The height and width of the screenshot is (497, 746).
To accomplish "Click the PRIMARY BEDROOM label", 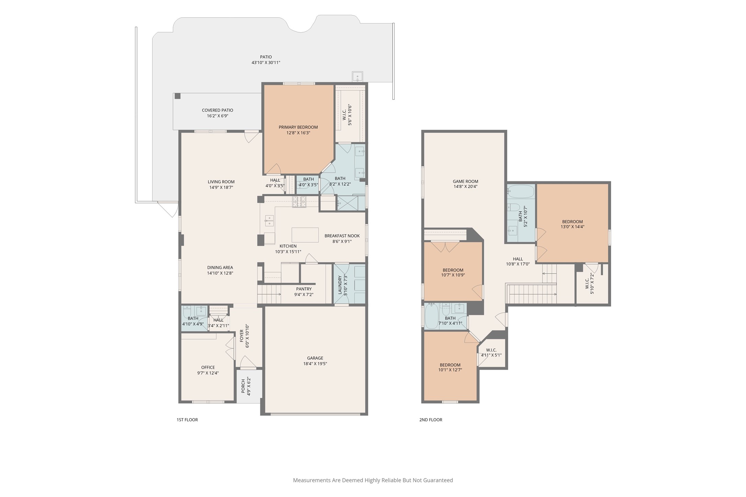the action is point(298,127).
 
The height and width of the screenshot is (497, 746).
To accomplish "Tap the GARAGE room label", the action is point(315,358).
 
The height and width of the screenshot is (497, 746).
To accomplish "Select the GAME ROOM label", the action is point(465,181).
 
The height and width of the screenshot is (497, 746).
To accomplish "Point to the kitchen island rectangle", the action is point(305,235).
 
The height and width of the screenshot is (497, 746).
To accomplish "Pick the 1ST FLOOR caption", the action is point(187,419).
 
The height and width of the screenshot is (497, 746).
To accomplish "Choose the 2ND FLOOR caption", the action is point(431,419).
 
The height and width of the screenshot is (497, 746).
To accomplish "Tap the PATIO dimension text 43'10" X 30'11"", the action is point(266,62).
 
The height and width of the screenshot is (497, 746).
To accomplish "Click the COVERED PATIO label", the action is point(217,110).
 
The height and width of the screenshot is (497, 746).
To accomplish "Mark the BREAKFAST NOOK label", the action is point(342,236).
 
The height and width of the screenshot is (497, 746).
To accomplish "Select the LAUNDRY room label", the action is point(340,285).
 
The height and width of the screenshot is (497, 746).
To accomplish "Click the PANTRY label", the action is point(304,289).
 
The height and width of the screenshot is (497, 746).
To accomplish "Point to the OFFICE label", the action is point(208,367).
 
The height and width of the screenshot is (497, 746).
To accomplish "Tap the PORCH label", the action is point(243,386).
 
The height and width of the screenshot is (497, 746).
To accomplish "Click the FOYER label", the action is point(241,336).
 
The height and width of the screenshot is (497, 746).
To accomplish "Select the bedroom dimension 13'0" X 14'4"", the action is point(573,227).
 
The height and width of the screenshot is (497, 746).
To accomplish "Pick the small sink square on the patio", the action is point(358,76).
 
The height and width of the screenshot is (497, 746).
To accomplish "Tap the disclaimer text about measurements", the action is point(373,480).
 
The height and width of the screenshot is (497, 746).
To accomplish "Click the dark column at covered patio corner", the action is point(177,96).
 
